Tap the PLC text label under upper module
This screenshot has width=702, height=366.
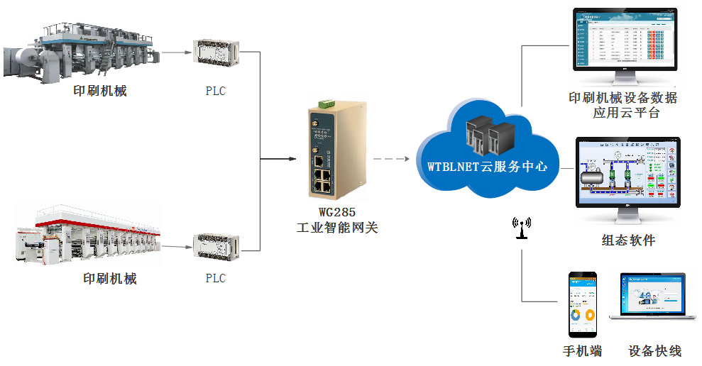(216, 91)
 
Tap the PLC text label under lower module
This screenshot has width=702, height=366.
(216, 279)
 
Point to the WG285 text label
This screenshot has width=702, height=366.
(336, 212)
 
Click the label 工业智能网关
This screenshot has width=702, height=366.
(336, 228)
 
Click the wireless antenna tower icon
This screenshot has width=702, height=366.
(522, 228)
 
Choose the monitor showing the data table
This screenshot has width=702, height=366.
(624, 40)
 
